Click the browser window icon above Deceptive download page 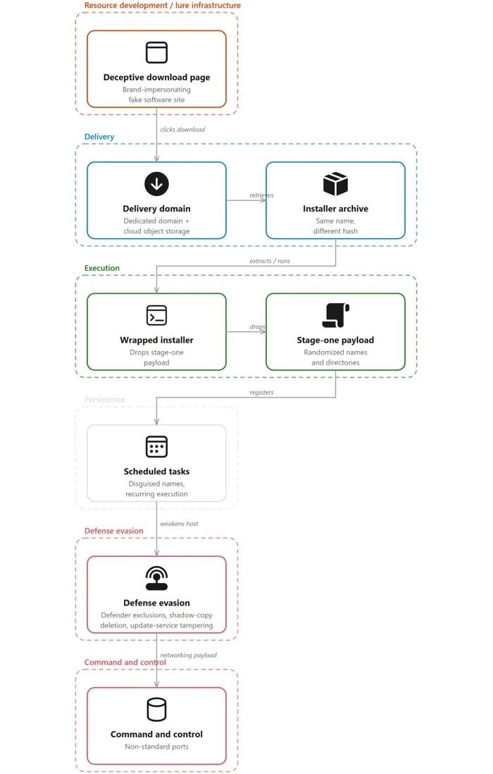(x=157, y=52)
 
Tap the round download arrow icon (x=157, y=183)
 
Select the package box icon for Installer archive (x=336, y=183)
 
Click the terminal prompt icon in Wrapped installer (x=157, y=315)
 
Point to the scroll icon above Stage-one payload (x=336, y=315)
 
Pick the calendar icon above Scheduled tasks (x=157, y=447)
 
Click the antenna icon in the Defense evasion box (x=157, y=578)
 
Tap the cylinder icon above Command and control (x=157, y=710)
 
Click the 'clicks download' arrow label (x=182, y=129)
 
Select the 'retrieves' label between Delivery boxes (x=261, y=195)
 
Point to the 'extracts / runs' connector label (x=270, y=261)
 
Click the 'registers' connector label (x=261, y=393)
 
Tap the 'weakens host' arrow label (x=179, y=524)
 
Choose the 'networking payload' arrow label (x=188, y=655)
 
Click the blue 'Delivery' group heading (x=99, y=137)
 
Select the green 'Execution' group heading (x=102, y=268)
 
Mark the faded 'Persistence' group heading (x=104, y=400)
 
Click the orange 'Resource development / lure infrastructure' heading (x=163, y=6)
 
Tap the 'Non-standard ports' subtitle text (x=157, y=747)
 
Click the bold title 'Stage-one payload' (x=336, y=340)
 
